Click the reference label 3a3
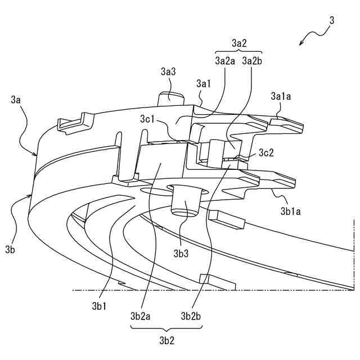[x=168, y=71]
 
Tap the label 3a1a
[x=281, y=96]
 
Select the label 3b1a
[x=290, y=211]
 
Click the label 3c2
[x=266, y=152]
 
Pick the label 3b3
[x=181, y=254]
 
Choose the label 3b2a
[x=140, y=316]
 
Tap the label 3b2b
[x=191, y=316]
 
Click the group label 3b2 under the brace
[x=167, y=340]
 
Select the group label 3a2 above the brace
[x=239, y=43]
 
